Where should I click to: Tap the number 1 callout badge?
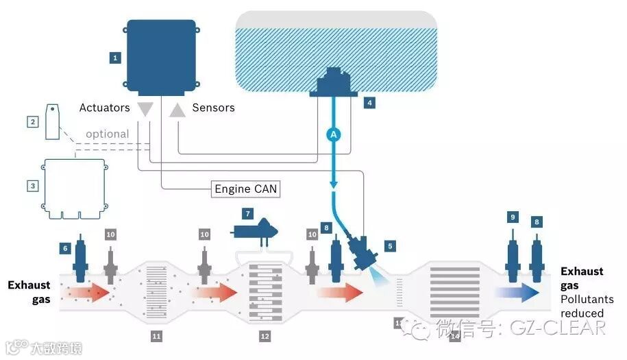point(115,58)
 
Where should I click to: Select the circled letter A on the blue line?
point(334,135)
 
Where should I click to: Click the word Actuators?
point(104,108)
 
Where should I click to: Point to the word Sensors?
point(213,108)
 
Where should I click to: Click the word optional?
point(107,134)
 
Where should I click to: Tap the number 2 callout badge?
point(32,122)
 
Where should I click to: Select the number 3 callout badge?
point(32,186)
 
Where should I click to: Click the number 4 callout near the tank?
point(369,104)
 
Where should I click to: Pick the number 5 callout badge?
point(390,245)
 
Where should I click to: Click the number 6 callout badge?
point(66,248)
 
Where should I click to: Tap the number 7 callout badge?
point(248,214)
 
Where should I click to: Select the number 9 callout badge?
point(512,217)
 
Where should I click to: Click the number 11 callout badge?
point(156,336)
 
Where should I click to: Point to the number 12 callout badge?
point(265,336)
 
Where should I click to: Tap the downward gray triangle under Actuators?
point(145,108)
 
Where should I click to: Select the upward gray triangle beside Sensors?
point(177,108)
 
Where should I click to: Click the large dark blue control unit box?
point(162,56)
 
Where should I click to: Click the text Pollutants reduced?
point(587,307)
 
